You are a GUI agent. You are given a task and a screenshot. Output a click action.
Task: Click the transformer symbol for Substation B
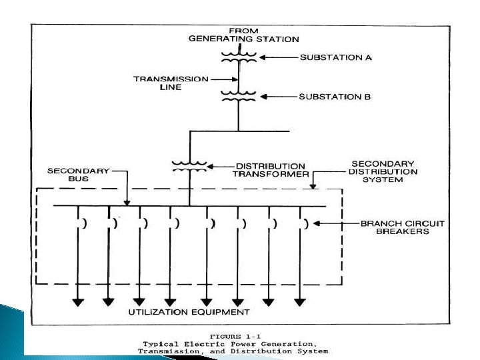237,96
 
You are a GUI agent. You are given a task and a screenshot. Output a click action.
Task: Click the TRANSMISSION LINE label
162,82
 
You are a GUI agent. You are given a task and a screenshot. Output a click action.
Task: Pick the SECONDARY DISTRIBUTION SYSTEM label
383,171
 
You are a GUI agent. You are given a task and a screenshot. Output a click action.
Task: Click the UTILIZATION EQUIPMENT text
189,312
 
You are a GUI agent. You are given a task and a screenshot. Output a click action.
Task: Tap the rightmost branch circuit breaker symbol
303,224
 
